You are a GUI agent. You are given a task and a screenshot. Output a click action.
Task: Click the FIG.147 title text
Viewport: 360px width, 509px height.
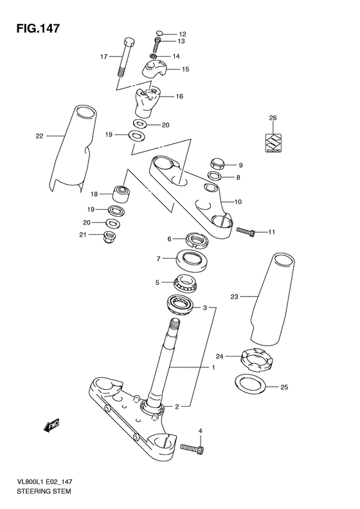pos(38,28)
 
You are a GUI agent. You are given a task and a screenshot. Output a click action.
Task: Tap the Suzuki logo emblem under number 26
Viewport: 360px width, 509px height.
pos(273,143)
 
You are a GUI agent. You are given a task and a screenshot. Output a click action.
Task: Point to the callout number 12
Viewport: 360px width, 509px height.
pos(183,34)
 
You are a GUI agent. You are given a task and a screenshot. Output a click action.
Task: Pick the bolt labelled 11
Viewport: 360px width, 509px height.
pos(246,232)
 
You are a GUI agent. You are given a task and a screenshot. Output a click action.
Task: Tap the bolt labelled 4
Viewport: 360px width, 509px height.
pos(192,448)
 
